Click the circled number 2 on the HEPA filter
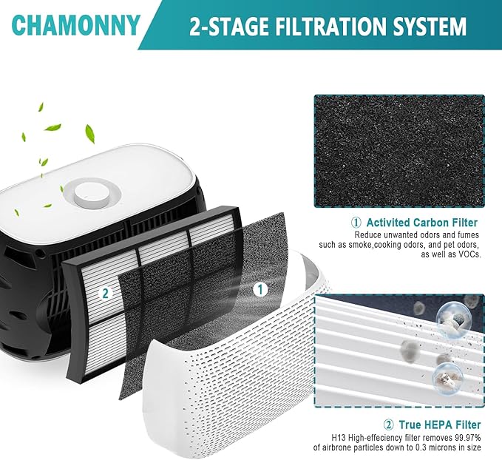point(106,293)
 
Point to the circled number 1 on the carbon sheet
point(260,290)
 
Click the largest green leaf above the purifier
point(90,133)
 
